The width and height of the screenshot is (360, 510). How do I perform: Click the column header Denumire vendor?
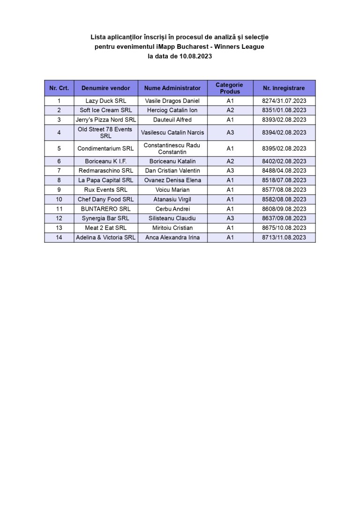105,88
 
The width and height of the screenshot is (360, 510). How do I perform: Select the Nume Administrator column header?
172,88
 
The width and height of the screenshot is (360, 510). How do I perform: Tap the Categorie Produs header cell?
230,88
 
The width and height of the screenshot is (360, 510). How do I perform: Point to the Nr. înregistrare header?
284,88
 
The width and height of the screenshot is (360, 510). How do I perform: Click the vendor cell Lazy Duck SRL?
105,101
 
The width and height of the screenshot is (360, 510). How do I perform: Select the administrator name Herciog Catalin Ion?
172,110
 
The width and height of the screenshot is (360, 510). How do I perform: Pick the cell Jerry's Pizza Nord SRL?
105,120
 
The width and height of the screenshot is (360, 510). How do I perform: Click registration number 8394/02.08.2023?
284,133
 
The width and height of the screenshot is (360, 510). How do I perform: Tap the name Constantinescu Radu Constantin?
172,149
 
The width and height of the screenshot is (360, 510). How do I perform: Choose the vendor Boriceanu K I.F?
105,161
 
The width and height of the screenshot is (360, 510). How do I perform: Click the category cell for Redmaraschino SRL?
230,171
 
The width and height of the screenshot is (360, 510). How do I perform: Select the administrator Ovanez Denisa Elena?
172,180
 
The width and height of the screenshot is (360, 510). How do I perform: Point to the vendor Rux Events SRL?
105,190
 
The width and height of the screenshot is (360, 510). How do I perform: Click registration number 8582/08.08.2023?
284,199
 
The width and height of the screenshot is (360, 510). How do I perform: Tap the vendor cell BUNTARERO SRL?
105,209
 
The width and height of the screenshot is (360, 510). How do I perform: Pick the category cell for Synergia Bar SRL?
230,218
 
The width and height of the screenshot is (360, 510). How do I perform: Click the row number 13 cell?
59,228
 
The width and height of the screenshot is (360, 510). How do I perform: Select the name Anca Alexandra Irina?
172,237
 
